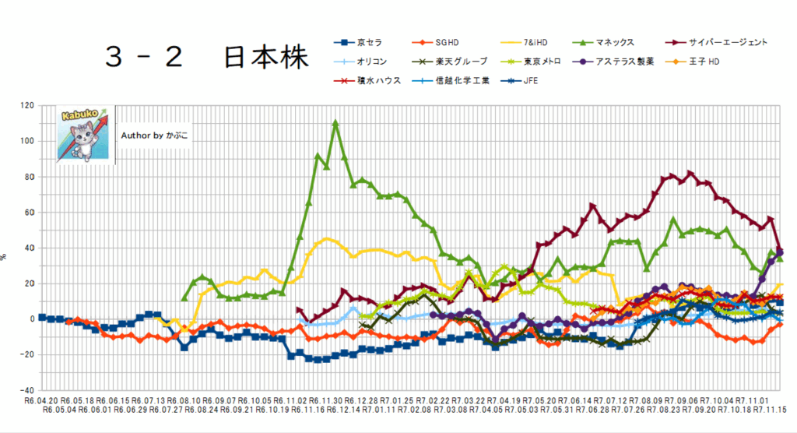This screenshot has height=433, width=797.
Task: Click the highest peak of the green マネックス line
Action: (335, 122)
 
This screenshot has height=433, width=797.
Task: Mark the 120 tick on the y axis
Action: (26, 105)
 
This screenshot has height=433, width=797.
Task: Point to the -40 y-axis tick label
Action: (26, 390)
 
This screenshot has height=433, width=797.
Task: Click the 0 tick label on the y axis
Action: (30, 319)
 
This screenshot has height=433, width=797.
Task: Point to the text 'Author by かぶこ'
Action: (154, 135)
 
